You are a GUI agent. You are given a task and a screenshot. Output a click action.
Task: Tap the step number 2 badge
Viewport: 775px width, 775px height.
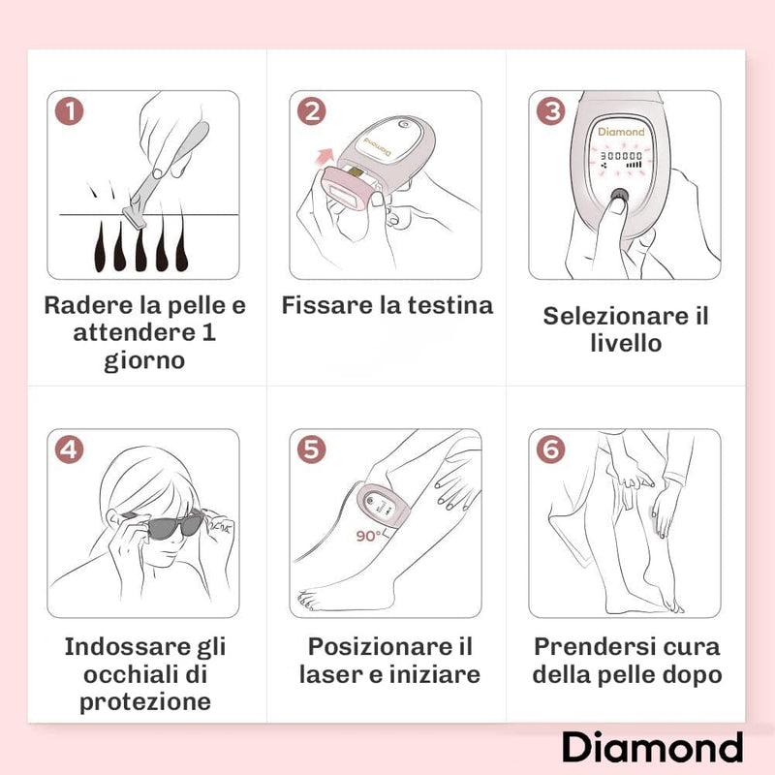point(311,111)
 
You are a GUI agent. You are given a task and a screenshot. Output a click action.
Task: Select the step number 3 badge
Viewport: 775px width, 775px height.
point(551,111)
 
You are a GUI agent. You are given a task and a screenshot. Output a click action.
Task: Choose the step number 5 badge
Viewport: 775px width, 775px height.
point(312,449)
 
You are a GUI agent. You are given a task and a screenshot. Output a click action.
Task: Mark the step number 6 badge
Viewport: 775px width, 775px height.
point(551,449)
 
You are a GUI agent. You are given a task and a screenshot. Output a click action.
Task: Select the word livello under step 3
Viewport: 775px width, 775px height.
point(625,344)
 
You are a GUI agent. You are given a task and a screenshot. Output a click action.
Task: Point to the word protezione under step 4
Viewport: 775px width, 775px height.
point(144,702)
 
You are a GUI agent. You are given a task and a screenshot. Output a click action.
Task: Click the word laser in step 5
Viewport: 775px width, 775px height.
point(330,674)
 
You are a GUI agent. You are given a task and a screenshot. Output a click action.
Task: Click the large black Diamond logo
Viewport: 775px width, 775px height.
point(652,747)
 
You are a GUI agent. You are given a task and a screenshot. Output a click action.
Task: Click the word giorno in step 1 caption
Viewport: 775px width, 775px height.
point(144,362)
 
